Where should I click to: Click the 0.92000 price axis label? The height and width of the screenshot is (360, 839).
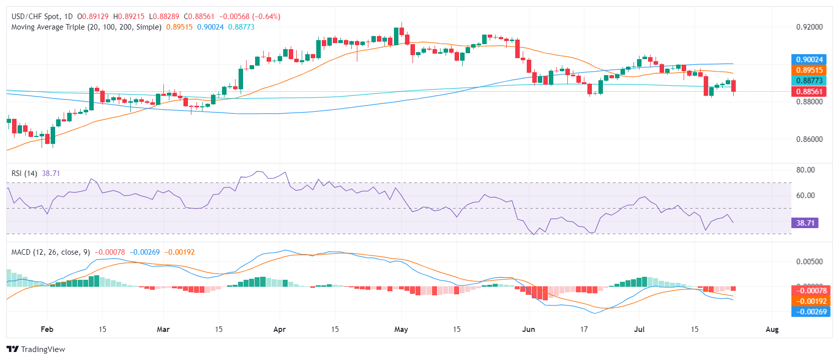[809, 27]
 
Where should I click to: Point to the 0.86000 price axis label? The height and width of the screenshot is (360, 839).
[809, 139]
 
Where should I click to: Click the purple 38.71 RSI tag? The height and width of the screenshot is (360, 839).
[805, 223]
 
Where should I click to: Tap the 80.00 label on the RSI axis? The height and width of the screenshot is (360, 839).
[805, 170]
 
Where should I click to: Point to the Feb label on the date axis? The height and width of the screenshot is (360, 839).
[47, 329]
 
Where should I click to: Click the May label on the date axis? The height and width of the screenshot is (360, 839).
[401, 329]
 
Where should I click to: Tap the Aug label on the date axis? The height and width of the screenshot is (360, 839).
[772, 329]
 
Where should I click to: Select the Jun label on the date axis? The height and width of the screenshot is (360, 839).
[528, 329]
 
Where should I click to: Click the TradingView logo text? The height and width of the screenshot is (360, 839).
[43, 349]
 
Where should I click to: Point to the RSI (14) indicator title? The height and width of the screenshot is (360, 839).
[24, 173]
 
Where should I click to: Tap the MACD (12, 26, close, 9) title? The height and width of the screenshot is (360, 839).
[51, 252]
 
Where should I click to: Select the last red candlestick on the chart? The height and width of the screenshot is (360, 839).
[733, 86]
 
